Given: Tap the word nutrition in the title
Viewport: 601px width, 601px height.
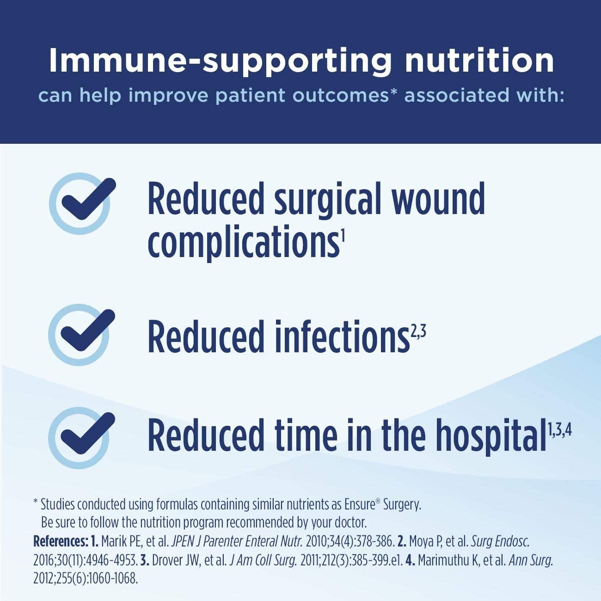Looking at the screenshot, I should (479, 61).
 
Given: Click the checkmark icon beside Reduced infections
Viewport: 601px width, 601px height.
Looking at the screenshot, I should (80, 334).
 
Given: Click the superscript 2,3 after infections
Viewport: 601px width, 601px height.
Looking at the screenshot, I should (418, 332).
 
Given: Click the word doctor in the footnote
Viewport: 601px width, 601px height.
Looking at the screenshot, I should (350, 522).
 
